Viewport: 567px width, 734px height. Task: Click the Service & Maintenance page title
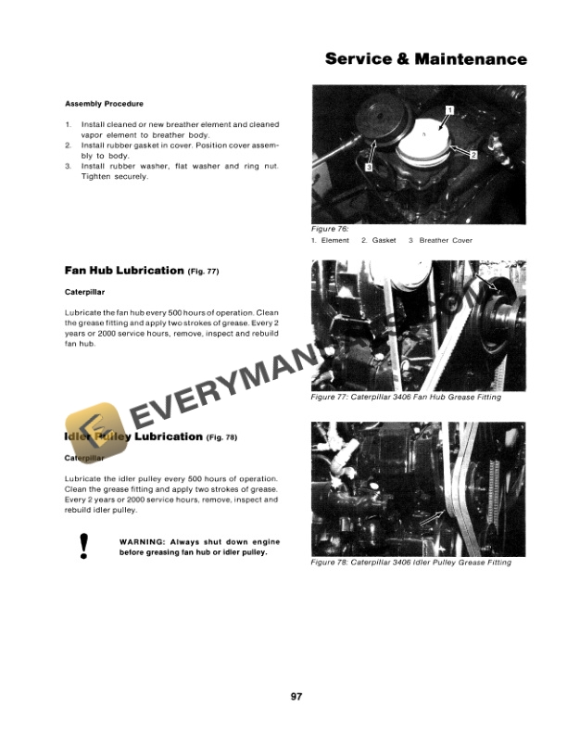point(426,59)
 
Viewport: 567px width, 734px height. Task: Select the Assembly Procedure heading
point(104,103)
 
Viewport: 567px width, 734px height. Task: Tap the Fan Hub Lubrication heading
point(124,271)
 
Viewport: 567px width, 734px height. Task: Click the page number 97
point(283,696)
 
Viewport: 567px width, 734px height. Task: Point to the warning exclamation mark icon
point(84,547)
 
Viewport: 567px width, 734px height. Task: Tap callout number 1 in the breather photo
point(449,110)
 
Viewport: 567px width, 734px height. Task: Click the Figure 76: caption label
point(330,228)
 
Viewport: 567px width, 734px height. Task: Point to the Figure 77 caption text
point(406,397)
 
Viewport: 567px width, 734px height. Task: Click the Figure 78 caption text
point(410,563)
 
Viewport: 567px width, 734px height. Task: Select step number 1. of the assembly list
point(69,124)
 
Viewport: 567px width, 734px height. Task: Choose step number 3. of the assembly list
point(69,166)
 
